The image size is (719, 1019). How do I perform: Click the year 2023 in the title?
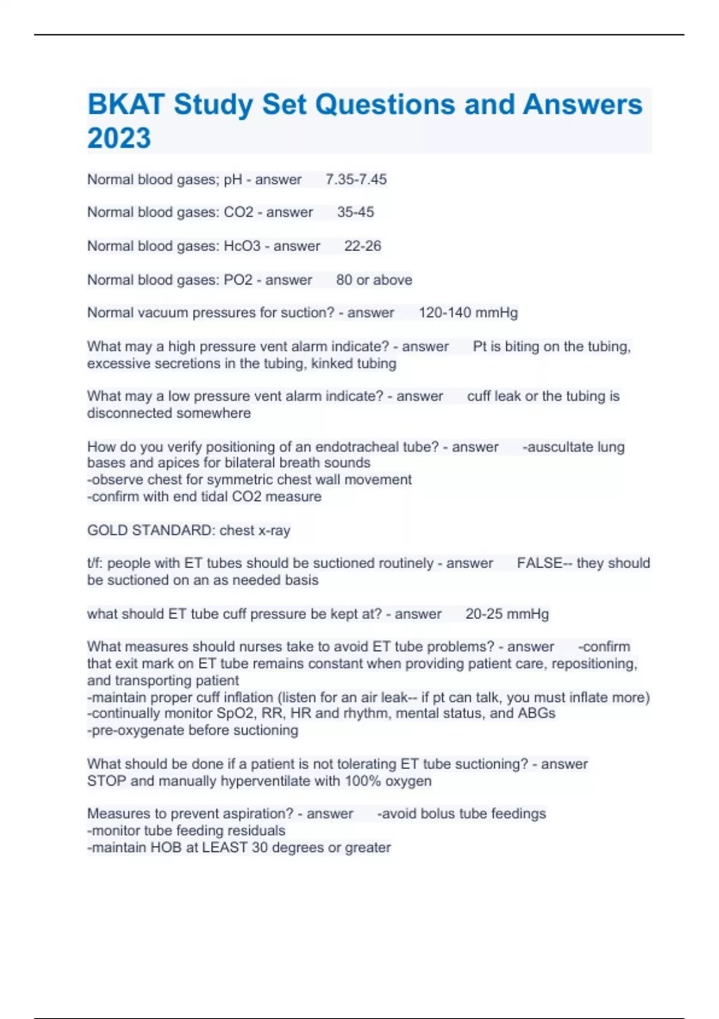(x=119, y=138)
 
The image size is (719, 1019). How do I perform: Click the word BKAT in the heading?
(x=126, y=104)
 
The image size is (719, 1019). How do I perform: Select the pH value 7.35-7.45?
(x=356, y=179)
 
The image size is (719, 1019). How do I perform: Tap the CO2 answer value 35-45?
(x=355, y=212)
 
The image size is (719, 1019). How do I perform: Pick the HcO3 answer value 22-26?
(x=362, y=246)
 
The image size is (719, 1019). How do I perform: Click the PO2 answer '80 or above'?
(x=374, y=280)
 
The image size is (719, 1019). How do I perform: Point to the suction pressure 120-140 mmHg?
(x=468, y=313)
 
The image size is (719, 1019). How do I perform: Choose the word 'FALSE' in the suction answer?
(x=539, y=563)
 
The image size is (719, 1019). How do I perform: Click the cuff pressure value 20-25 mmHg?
(x=507, y=614)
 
